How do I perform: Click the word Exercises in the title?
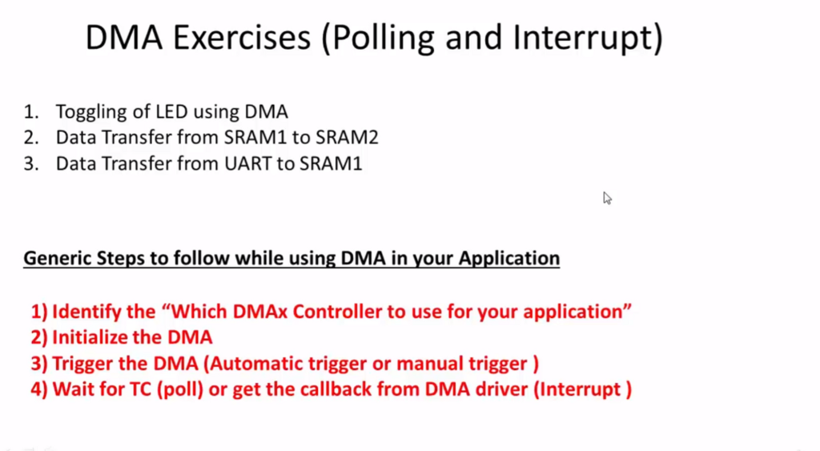[242, 38]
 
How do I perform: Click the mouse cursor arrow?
[607, 199]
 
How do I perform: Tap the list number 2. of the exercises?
[31, 137]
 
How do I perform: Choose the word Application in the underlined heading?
[508, 259]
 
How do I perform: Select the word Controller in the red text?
[337, 312]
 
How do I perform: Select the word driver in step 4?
[502, 389]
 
